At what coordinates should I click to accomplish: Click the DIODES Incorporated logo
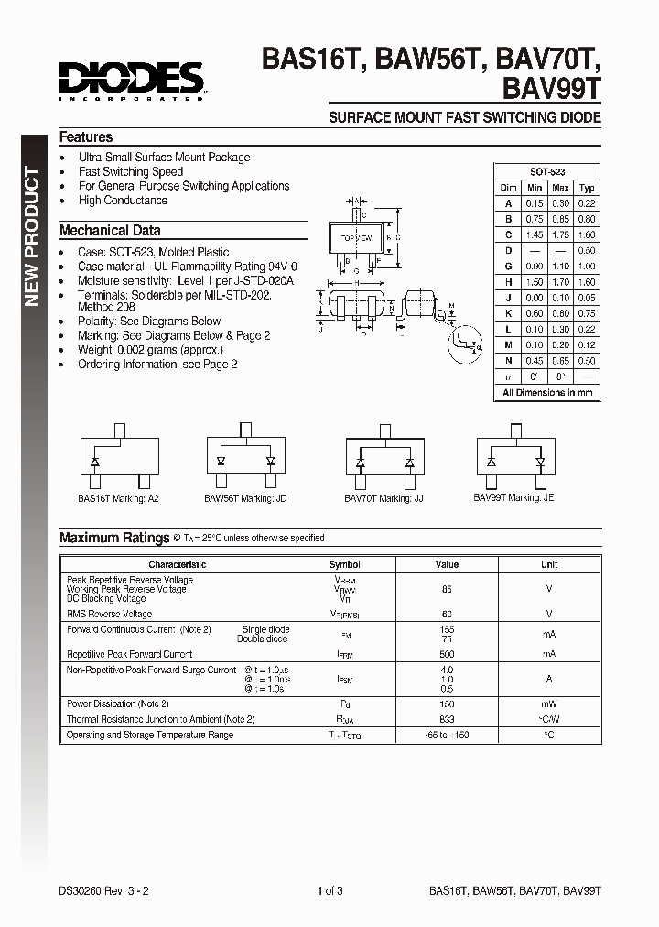tap(131, 80)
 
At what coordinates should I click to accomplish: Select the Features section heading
tap(86, 136)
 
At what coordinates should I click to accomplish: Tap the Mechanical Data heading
tap(110, 231)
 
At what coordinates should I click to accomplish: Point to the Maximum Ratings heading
tap(114, 538)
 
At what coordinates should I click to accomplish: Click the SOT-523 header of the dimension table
tap(547, 172)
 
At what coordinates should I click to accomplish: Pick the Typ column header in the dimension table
tap(587, 188)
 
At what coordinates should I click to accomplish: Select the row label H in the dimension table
tap(508, 282)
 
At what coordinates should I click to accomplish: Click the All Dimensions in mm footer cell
tap(547, 392)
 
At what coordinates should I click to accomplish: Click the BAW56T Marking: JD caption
tap(245, 498)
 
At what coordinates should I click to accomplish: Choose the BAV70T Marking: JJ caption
tap(384, 498)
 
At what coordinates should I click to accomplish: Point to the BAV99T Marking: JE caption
tap(513, 497)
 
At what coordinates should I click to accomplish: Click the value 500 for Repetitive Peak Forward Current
tap(447, 654)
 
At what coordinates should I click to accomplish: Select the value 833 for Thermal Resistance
tap(447, 719)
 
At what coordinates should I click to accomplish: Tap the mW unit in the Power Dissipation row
tap(548, 703)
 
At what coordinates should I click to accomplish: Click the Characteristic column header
tap(178, 564)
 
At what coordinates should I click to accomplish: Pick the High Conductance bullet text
tap(123, 200)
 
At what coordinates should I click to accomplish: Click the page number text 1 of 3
tap(329, 890)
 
